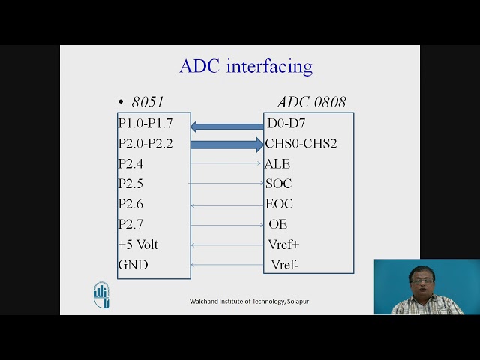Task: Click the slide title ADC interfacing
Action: tap(245, 66)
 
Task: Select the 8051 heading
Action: tap(147, 102)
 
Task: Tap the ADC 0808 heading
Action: tap(311, 102)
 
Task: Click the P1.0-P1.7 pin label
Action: tap(145, 123)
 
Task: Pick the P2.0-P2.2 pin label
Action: tap(145, 143)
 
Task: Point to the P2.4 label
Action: tap(130, 163)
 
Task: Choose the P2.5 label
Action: tap(130, 184)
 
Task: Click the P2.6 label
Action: tap(130, 204)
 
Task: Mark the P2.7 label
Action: tap(130, 224)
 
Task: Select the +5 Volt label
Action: tap(138, 244)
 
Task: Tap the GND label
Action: tap(133, 265)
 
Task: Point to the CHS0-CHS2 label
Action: tap(301, 143)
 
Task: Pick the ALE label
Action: tap(277, 163)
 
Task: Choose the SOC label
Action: tap(278, 184)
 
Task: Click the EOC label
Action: tap(279, 204)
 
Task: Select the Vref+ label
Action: tap(283, 244)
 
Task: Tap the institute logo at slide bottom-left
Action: tap(101, 295)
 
